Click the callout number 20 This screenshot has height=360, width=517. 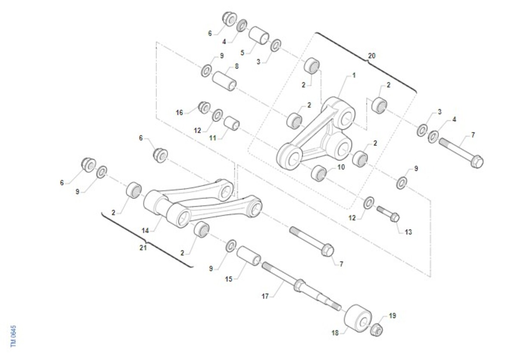371,56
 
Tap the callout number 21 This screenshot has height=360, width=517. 143,248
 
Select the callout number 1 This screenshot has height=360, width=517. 354,75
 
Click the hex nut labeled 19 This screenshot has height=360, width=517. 377,330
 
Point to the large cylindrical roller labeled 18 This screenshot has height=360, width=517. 358,318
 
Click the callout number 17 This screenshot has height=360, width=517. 265,296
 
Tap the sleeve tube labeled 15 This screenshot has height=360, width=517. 249,256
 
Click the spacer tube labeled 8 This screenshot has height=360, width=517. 224,81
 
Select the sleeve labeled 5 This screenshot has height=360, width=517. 259,35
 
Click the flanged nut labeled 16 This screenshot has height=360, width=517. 205,108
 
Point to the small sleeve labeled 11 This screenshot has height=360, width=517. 231,123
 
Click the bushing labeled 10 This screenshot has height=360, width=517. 319,173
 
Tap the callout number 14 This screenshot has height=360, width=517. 145,231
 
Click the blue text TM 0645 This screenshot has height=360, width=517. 13,336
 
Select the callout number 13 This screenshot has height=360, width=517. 408,232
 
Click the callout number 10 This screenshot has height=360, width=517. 341,167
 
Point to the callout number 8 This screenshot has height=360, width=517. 237,66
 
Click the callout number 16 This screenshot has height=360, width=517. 179,113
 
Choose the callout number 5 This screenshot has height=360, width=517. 242,53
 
